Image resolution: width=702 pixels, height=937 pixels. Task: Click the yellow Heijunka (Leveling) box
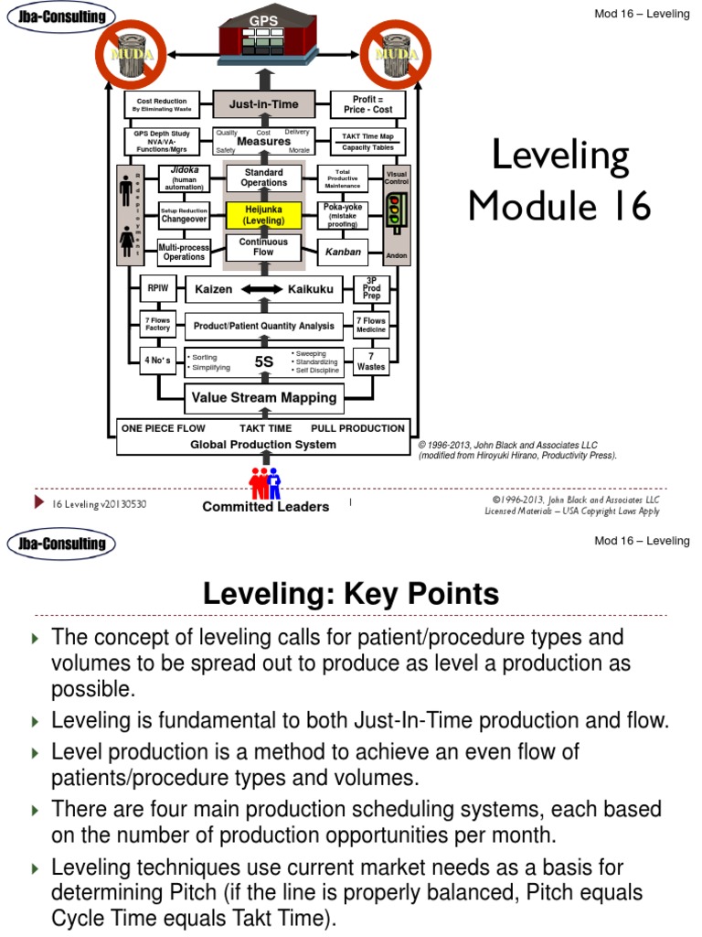pyautogui.click(x=263, y=215)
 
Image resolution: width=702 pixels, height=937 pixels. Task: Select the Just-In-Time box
pyautogui.click(x=263, y=104)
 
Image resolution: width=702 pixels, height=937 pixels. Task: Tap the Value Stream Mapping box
pyautogui.click(x=263, y=398)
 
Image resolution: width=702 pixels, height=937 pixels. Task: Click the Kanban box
pyautogui.click(x=344, y=252)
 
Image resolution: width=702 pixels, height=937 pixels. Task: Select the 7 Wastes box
pyautogui.click(x=371, y=361)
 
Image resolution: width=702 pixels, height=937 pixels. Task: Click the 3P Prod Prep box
pyautogui.click(x=371, y=289)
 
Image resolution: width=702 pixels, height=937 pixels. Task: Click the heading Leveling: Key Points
pyautogui.click(x=351, y=595)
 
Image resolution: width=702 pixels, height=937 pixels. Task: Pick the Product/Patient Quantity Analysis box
pyautogui.click(x=263, y=326)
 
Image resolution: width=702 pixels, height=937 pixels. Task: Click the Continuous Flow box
pyautogui.click(x=263, y=247)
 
